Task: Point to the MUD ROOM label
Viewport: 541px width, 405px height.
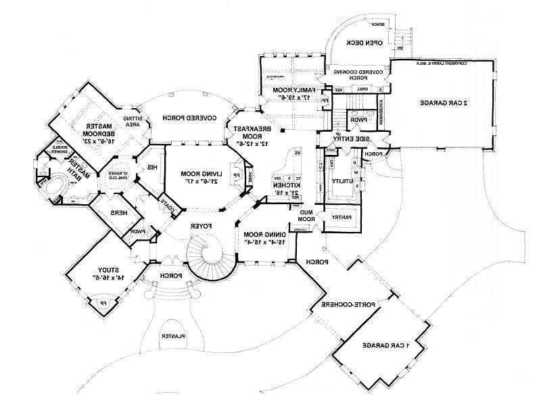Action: pos(308,215)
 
